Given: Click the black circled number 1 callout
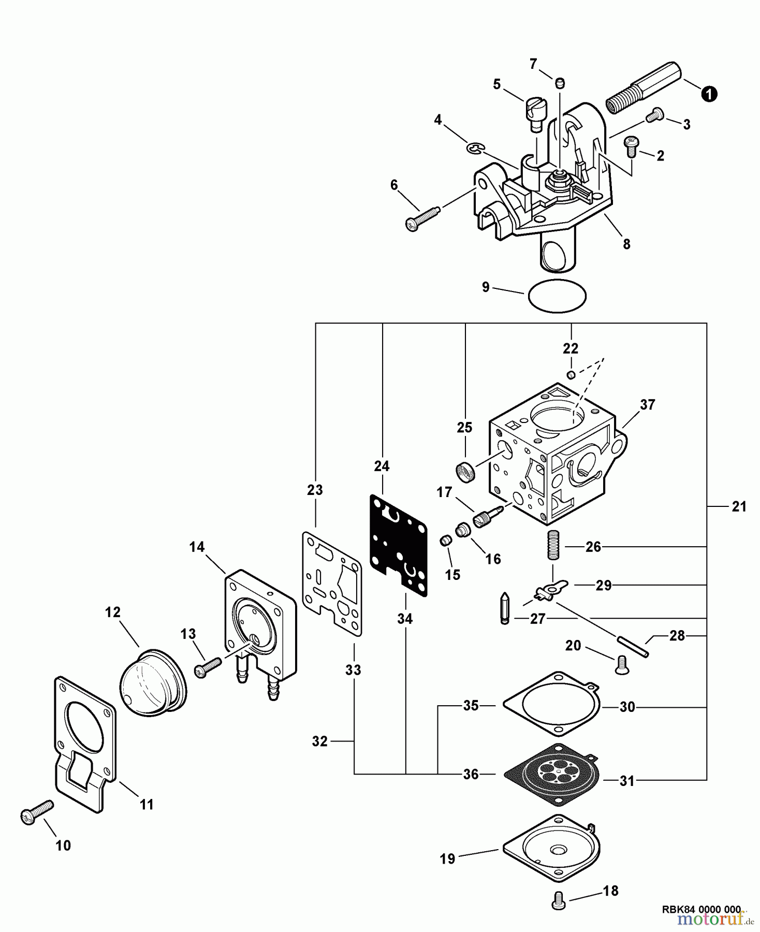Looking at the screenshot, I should pos(709,94).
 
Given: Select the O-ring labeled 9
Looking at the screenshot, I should pos(557,296).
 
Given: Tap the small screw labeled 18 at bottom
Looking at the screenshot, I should pos(559,900).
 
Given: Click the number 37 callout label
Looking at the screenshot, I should pos(647,404).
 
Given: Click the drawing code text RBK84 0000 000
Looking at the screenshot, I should pos(701,909).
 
